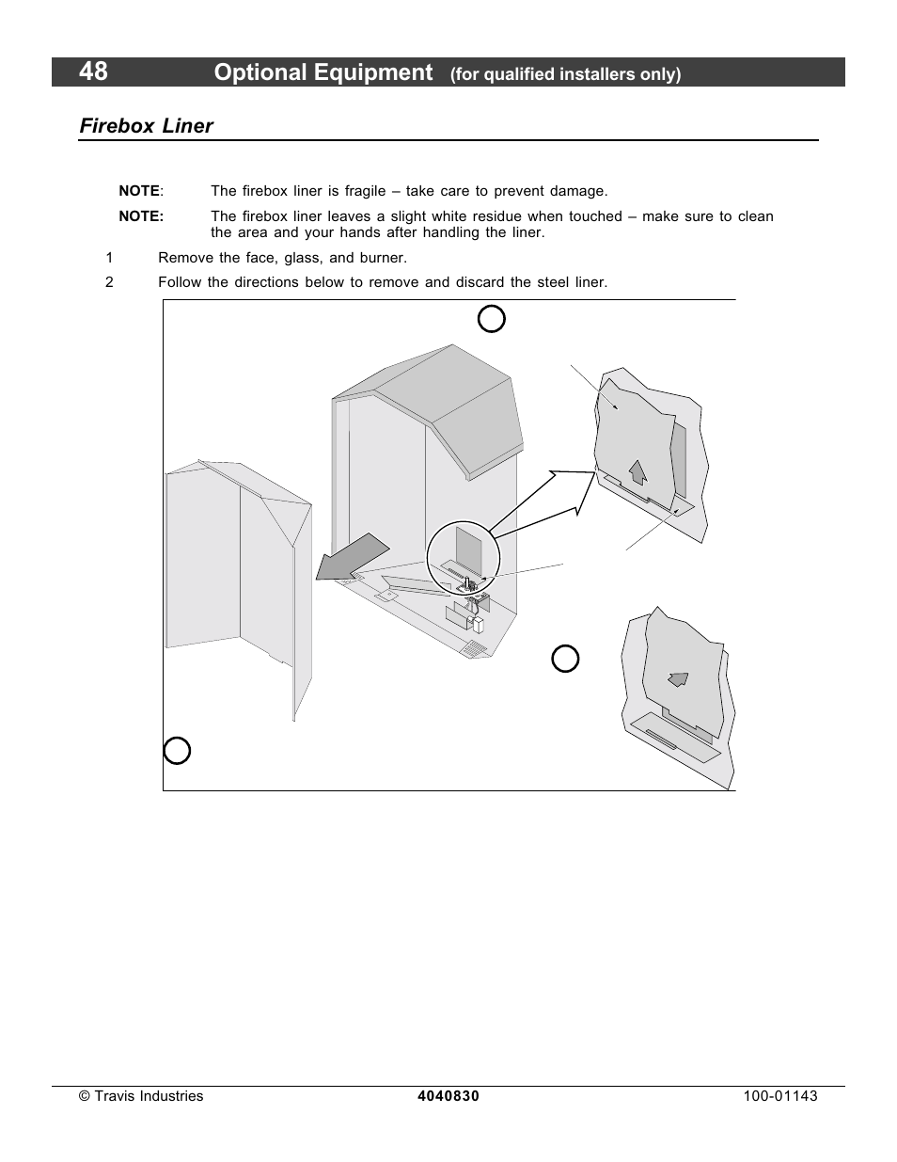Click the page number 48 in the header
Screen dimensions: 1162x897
tap(94, 72)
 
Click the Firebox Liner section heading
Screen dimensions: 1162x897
tap(146, 126)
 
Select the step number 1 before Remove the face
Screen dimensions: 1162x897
tap(109, 258)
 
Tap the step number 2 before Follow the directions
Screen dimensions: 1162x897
tap(109, 282)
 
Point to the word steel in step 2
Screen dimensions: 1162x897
tap(549, 282)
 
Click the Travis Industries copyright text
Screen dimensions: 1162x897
tap(141, 1096)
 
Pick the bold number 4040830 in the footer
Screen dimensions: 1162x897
tap(448, 1096)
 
